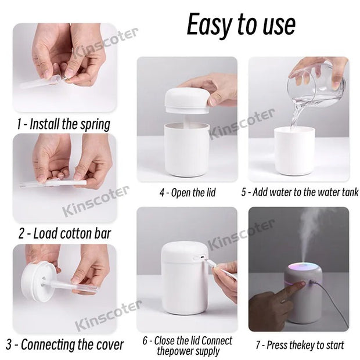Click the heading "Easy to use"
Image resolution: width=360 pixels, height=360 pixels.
pyautogui.click(x=240, y=24)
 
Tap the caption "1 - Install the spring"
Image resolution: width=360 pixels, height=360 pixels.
pyautogui.click(x=63, y=124)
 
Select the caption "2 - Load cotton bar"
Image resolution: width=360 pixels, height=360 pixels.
pyautogui.click(x=64, y=234)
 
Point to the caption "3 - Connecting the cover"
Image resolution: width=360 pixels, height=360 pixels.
pyautogui.click(x=65, y=344)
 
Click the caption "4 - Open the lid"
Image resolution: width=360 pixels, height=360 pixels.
pyautogui.click(x=188, y=193)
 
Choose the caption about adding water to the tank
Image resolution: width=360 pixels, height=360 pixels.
pyautogui.click(x=300, y=192)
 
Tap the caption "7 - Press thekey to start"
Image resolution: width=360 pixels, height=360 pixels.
pyautogui.click(x=300, y=345)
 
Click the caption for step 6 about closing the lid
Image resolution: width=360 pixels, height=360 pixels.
pyautogui.click(x=188, y=345)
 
